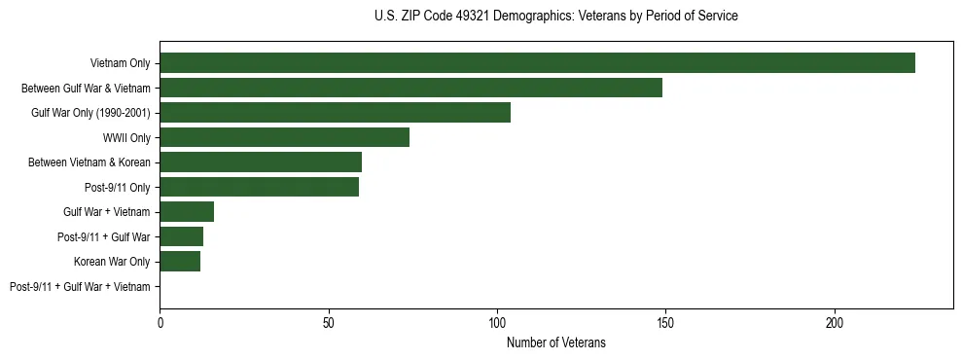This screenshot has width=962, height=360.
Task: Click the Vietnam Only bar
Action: [x=537, y=63]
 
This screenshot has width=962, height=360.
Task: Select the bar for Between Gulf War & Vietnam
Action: [x=410, y=88]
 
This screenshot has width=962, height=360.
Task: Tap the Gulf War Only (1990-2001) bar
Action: [x=335, y=113]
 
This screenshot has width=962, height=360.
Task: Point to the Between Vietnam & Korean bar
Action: [x=261, y=162]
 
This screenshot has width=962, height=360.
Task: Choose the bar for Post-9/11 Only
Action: [x=259, y=187]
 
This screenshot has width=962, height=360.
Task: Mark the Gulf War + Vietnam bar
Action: [x=187, y=212]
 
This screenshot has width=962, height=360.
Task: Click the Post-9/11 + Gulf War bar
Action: [x=181, y=236]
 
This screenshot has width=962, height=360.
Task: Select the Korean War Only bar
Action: [x=180, y=262]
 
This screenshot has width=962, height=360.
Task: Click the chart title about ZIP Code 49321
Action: [x=555, y=17]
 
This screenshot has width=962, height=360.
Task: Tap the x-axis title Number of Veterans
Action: [x=555, y=342]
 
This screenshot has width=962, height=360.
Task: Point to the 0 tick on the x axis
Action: [x=160, y=321]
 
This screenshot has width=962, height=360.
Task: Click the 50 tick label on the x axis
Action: [x=329, y=321]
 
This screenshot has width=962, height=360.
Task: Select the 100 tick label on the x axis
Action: [x=497, y=321]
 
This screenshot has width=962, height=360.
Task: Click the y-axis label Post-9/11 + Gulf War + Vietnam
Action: [x=80, y=287]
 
